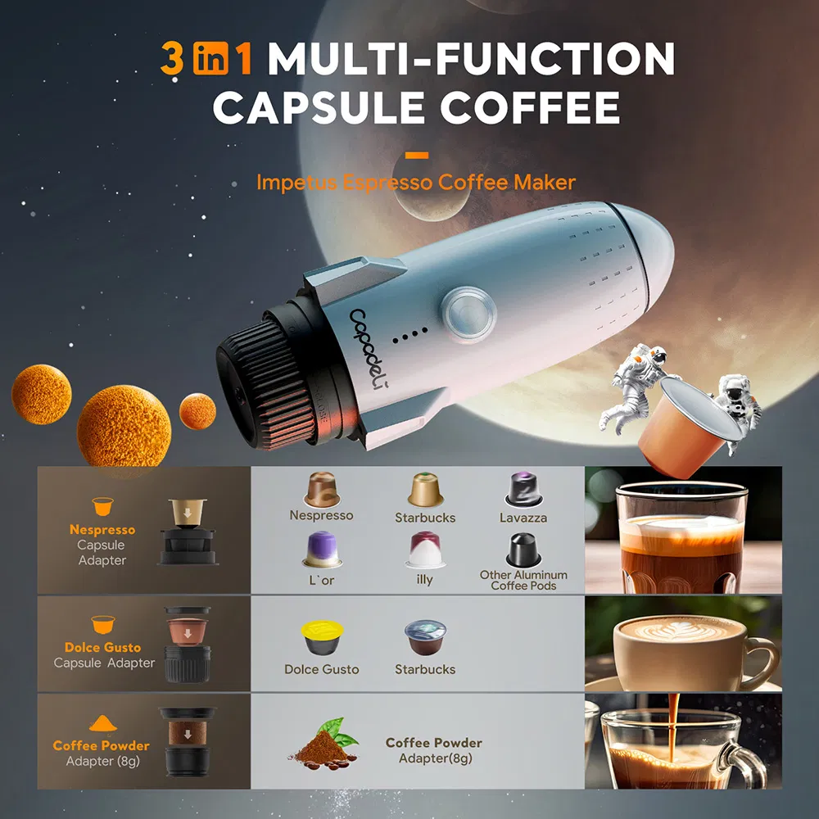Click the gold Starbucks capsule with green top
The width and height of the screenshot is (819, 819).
click(x=425, y=490)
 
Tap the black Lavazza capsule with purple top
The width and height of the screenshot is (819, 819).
click(x=523, y=491)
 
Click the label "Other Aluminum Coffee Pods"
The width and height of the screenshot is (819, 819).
click(x=523, y=581)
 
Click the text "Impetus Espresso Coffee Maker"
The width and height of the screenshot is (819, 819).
click(x=416, y=182)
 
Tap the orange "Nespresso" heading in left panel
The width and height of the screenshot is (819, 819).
click(x=102, y=530)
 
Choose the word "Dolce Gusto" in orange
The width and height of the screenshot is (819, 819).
click(x=102, y=647)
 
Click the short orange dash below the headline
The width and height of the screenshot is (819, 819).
click(x=417, y=154)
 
